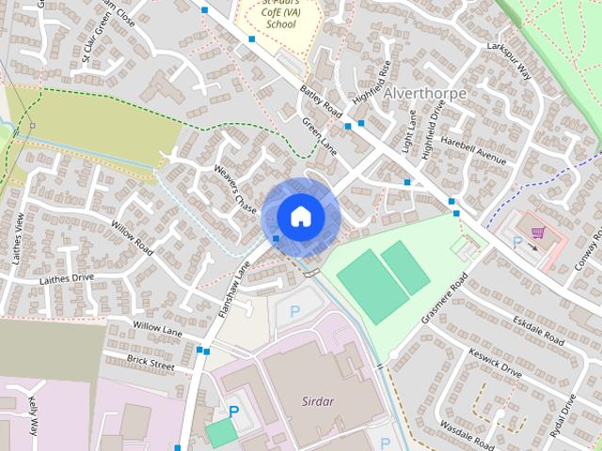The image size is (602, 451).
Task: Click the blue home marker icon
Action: tap(300, 216)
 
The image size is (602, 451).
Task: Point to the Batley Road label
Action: tap(320, 102)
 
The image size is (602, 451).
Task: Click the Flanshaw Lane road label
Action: tap(233, 288)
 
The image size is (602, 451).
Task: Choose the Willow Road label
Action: tap(132, 240)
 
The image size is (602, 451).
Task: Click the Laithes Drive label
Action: tap(67, 278)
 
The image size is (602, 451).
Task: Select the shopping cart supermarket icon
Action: tap(537, 232)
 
